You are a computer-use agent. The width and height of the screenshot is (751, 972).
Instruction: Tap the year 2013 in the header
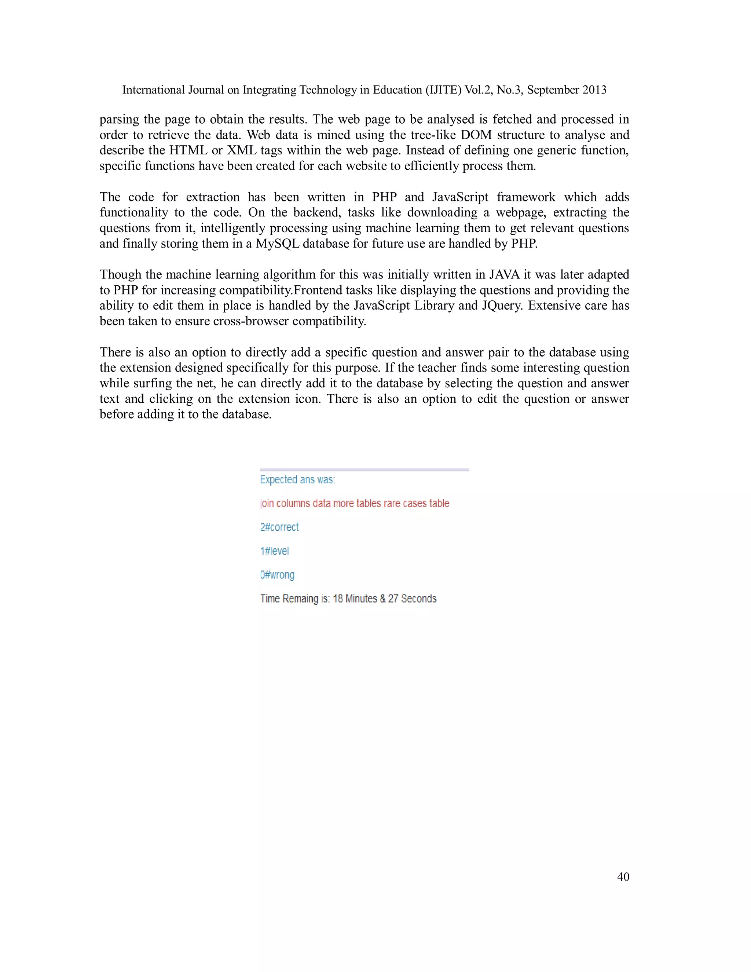coord(594,90)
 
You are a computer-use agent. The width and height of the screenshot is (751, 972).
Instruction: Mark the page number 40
coord(623,877)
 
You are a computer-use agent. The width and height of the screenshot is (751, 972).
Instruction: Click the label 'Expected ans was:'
coord(297,480)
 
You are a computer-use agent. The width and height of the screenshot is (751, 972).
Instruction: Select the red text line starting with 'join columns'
coord(355,503)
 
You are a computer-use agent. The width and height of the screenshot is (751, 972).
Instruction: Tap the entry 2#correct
coord(279,527)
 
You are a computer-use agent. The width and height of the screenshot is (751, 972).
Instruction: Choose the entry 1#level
coord(275,551)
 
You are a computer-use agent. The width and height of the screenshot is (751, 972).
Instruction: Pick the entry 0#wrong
coord(277,575)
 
